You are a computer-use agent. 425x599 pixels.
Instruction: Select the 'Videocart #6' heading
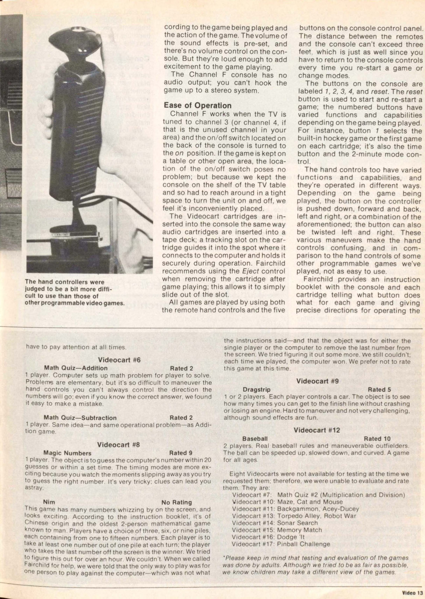point(119,360)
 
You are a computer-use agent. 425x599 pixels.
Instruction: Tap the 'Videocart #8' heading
point(118,445)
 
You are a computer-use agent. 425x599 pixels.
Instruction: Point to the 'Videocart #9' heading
point(317,381)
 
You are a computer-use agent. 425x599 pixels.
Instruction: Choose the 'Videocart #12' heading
point(317,430)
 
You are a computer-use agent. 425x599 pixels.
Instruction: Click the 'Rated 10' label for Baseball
point(377,438)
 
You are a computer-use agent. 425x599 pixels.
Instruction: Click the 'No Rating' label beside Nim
point(177,502)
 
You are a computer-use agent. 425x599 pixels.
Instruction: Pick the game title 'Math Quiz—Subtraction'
point(80,418)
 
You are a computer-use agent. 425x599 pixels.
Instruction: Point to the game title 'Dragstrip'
point(257,389)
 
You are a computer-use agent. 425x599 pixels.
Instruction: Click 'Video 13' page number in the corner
point(412,593)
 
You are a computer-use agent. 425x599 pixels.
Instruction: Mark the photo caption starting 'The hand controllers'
point(75,292)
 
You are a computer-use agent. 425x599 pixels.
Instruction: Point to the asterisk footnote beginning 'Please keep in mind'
point(316,565)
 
